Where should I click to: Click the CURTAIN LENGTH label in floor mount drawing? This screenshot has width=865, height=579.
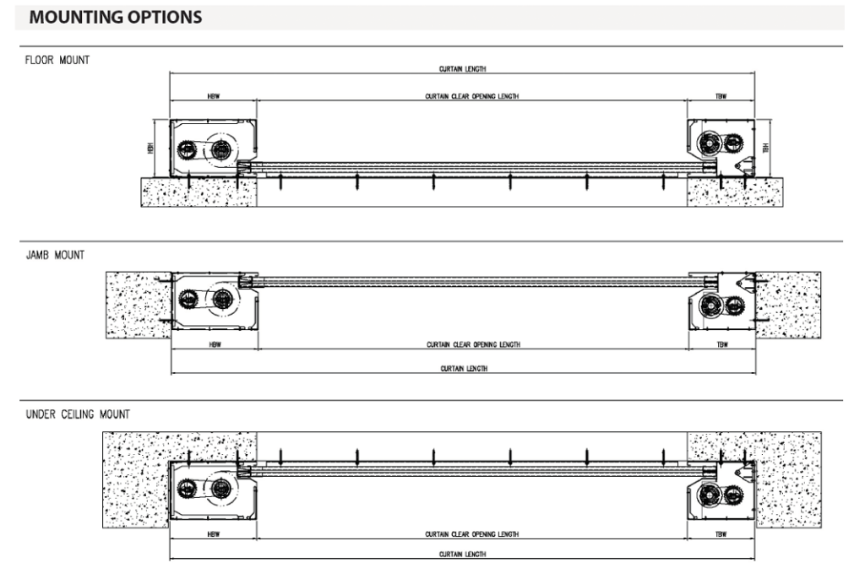point(462,69)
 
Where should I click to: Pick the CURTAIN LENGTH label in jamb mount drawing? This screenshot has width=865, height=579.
point(464,369)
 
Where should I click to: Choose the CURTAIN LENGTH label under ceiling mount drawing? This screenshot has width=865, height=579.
point(462,555)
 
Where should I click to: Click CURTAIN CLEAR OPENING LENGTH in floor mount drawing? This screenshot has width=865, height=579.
point(471,97)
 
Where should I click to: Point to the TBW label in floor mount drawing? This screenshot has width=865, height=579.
point(721,97)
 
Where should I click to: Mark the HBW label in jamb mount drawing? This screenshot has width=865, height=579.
point(214,344)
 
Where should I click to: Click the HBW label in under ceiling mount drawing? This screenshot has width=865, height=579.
point(213,535)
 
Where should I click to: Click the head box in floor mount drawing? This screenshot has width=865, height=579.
point(212,148)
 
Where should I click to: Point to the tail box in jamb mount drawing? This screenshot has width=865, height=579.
point(721,303)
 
